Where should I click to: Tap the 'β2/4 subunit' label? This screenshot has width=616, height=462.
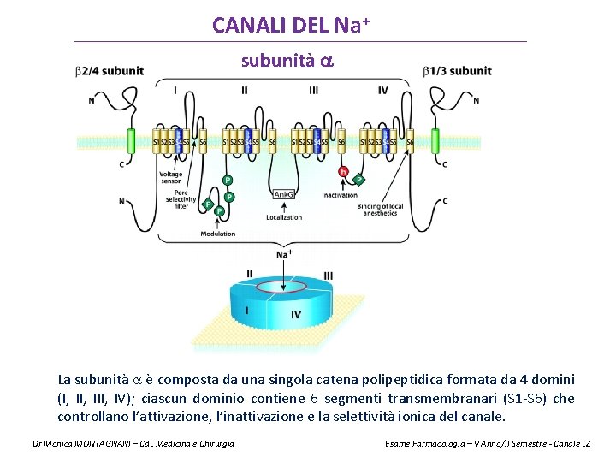(x=110, y=70)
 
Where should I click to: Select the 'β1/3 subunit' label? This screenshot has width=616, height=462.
(x=458, y=70)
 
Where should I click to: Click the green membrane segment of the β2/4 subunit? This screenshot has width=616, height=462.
(x=131, y=141)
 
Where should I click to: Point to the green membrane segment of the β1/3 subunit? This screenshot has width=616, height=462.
(x=435, y=141)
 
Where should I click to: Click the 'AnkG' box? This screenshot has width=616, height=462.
(x=284, y=195)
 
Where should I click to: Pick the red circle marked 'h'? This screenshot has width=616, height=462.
(x=343, y=171)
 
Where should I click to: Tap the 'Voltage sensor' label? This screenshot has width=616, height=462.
(x=170, y=178)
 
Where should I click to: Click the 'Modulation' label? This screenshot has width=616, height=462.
(x=217, y=234)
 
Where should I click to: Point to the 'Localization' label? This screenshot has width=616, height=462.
(x=284, y=217)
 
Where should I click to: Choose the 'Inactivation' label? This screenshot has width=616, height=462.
(x=340, y=195)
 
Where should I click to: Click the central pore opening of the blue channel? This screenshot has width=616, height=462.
(x=283, y=286)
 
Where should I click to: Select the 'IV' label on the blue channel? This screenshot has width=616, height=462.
(x=296, y=315)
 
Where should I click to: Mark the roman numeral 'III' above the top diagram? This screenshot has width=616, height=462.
(x=314, y=90)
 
